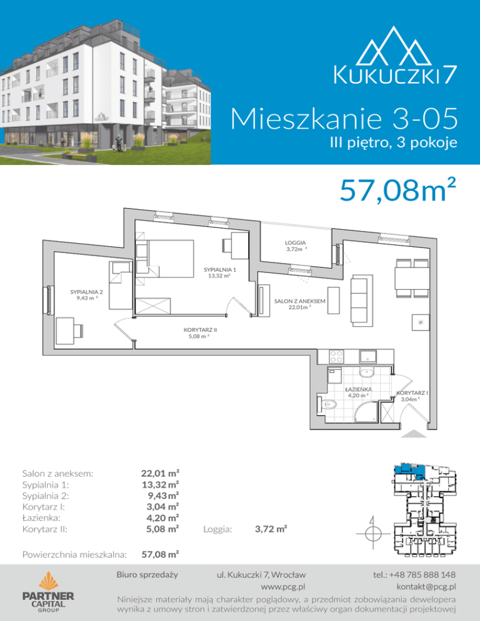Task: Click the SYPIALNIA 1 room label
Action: point(220,270)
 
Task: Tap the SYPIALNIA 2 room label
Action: point(86,292)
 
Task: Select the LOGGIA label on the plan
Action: point(295,243)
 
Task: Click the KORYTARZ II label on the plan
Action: point(200,329)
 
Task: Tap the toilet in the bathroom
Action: point(326,404)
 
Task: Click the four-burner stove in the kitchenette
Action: point(336,357)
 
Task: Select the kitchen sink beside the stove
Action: point(368,357)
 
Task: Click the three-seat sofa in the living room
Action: point(361,301)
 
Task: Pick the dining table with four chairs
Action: point(412,278)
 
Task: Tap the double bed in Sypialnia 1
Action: point(171,259)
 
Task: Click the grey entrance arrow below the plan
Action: point(414,434)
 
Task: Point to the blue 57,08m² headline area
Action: point(397,190)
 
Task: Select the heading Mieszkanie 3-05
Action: point(344,119)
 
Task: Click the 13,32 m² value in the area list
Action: point(160,484)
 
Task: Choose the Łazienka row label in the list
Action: point(41,518)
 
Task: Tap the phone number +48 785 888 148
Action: point(414,575)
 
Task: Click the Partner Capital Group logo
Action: point(48,592)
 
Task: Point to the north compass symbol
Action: point(372,533)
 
